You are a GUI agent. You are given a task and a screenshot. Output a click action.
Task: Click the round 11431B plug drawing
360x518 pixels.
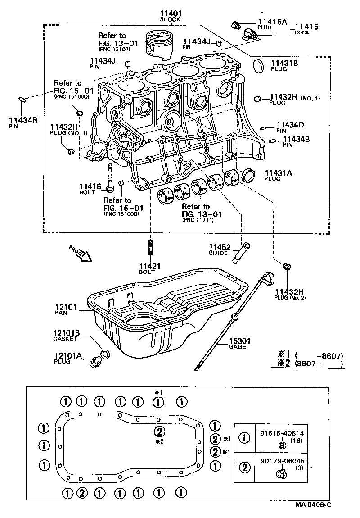pyautogui.click(x=261, y=65)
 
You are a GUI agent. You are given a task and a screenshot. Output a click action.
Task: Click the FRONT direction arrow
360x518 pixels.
pyautogui.click(x=81, y=254)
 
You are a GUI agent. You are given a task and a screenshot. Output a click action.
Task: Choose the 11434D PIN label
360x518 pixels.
pyautogui.click(x=290, y=125)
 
